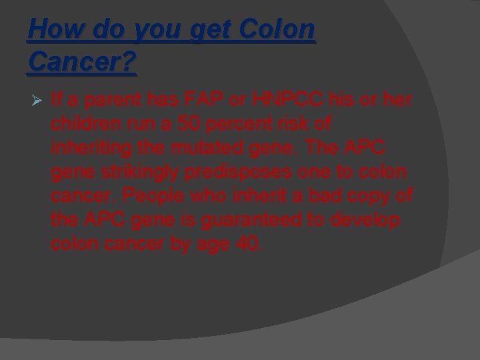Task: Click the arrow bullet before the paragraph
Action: [x=36, y=101]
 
